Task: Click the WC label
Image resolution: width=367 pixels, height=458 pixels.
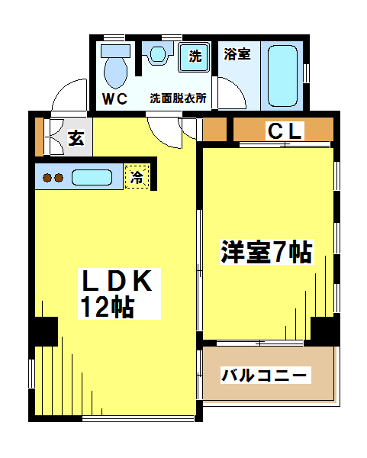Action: (x=114, y=99)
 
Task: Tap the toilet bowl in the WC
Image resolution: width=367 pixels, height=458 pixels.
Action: (x=116, y=73)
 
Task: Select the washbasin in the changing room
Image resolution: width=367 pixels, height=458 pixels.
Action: (x=158, y=54)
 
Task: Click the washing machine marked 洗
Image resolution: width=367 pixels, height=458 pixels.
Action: (x=194, y=57)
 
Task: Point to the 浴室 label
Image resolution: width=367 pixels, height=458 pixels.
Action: (x=237, y=54)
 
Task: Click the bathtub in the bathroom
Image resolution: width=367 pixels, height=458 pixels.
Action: (x=282, y=76)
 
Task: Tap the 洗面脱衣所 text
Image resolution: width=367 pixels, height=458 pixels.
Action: (x=178, y=98)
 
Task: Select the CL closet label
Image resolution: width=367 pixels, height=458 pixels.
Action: (x=285, y=131)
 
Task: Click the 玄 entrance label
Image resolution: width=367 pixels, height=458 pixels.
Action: (x=76, y=138)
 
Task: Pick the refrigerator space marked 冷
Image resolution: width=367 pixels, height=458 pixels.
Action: (x=137, y=177)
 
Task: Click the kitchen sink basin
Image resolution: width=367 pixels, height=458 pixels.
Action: (x=92, y=177)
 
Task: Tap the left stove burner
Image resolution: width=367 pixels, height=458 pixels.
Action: (x=47, y=178)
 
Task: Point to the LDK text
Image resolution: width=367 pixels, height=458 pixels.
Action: (x=118, y=281)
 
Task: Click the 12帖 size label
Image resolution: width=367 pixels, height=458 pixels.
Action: (x=108, y=308)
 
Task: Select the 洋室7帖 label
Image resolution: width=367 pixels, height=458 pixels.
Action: (x=266, y=252)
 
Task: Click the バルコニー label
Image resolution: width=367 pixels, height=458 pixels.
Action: (x=264, y=375)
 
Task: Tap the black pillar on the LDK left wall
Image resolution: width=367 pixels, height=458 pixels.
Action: (x=43, y=331)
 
